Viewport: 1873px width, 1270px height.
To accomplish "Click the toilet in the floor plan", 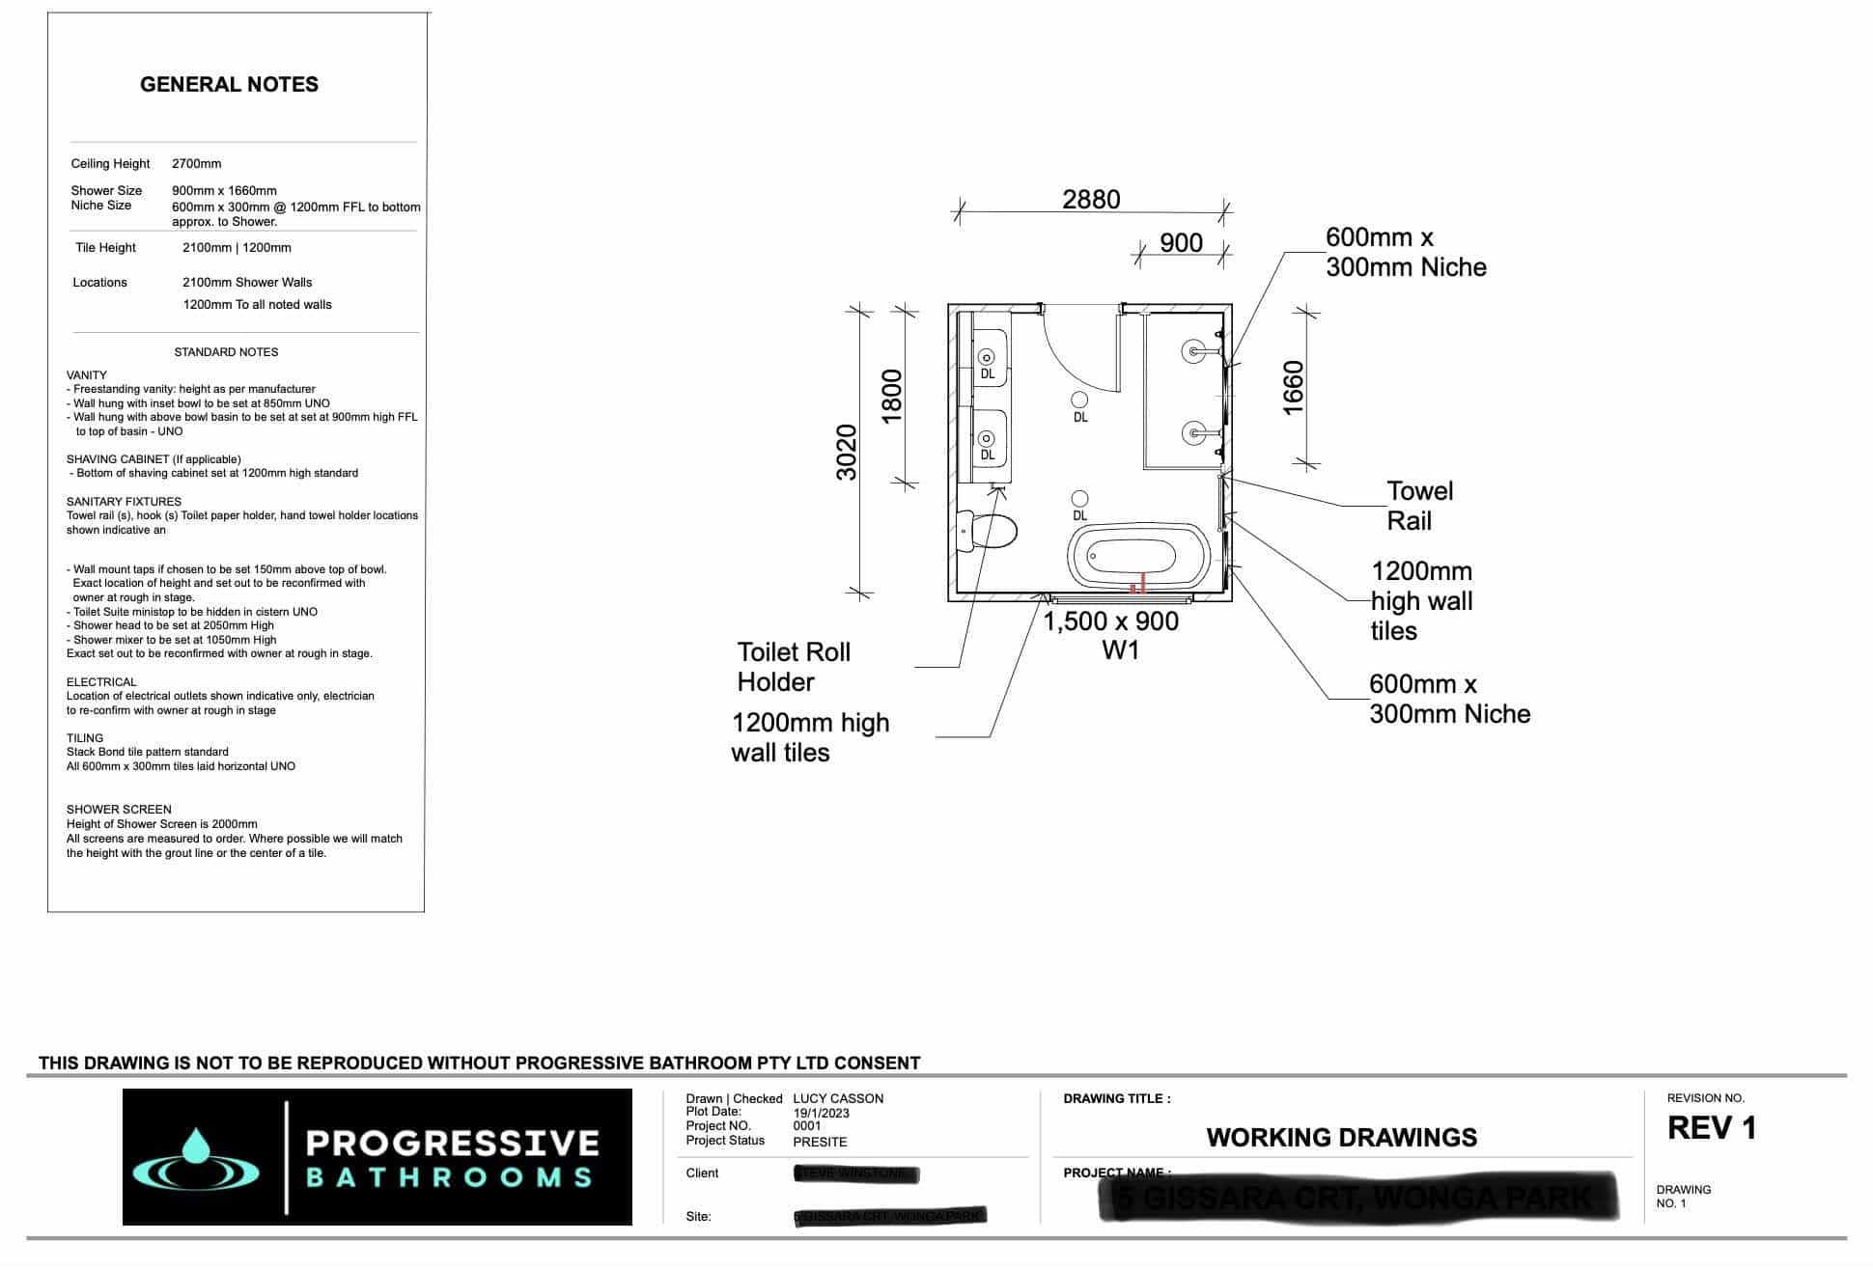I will (x=991, y=531).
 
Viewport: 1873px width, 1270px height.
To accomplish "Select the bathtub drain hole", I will (x=1093, y=556).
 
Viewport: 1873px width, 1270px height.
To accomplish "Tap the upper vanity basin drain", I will (x=987, y=357).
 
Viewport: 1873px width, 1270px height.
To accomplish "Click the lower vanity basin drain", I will (x=987, y=439).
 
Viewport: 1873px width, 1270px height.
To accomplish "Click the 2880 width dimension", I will (x=1091, y=200).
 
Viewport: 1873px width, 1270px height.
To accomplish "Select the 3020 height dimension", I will (x=847, y=452).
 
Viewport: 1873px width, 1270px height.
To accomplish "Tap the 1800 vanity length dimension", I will (x=892, y=396).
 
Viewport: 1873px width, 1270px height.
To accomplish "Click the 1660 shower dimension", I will (x=1294, y=388).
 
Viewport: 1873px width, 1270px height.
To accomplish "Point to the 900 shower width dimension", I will (x=1181, y=243).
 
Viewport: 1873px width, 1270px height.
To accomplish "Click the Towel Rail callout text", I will (x=1418, y=506).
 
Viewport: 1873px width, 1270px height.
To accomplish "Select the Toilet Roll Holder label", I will (x=793, y=667).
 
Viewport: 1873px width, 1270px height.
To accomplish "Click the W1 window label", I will (x=1120, y=650).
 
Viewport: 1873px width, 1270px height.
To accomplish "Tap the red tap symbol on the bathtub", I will (x=1139, y=583).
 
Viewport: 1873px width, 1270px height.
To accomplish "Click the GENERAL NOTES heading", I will (x=229, y=85).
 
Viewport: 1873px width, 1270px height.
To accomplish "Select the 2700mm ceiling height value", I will (x=196, y=164).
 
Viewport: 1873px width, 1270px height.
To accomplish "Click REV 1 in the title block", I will (x=1711, y=1128).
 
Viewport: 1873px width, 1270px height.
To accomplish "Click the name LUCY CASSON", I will (x=837, y=1098).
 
